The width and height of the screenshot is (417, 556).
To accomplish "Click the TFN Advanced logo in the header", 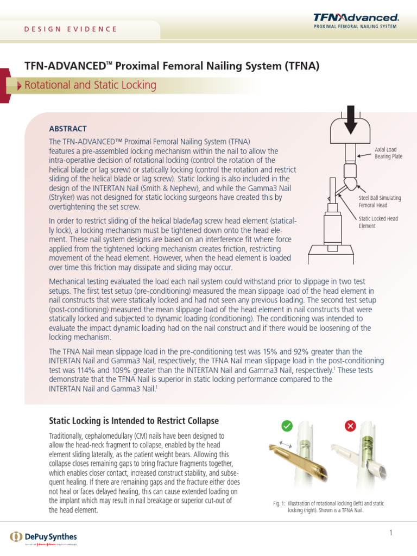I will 356,21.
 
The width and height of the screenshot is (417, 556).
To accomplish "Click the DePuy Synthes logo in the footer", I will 43,537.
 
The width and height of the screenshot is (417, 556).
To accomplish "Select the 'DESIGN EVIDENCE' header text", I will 71,29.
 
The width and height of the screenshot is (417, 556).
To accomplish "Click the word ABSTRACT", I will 68,129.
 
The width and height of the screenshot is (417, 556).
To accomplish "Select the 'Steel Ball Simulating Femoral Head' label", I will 380,202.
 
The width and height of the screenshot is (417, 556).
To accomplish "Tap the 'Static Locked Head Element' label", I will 378,222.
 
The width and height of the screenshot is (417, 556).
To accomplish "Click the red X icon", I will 350,426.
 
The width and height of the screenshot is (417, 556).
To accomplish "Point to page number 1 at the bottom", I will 390,533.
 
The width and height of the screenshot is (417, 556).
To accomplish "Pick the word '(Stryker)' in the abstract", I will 64,198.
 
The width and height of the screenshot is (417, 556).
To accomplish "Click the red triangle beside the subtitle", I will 20,86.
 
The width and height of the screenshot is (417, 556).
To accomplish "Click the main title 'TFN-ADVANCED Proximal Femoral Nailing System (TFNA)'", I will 172,66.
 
